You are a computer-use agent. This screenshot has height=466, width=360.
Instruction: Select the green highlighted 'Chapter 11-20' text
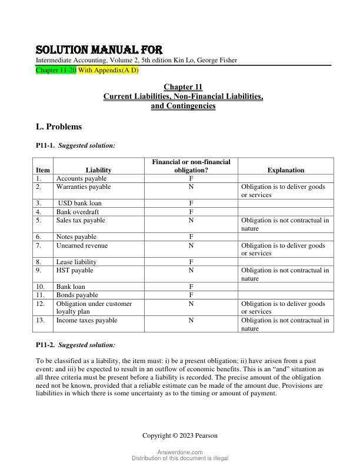point(55,70)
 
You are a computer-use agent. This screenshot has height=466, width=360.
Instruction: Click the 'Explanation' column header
point(286,170)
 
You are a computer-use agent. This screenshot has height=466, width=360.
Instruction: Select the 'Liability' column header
point(98,170)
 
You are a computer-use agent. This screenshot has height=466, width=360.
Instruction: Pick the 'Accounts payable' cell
point(81,178)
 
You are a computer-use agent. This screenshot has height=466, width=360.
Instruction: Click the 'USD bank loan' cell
point(79,204)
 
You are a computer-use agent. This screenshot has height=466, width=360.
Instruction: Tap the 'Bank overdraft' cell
point(78,212)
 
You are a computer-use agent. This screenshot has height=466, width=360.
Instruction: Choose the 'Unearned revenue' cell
point(82,245)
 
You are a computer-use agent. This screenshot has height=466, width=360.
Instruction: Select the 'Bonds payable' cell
point(77,295)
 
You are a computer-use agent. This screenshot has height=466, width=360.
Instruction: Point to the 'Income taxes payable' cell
point(86,321)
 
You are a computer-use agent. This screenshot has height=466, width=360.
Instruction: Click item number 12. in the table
point(40,304)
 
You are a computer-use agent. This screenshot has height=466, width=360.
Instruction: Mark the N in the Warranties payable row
point(191,187)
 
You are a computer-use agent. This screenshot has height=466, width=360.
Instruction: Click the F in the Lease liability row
point(191,262)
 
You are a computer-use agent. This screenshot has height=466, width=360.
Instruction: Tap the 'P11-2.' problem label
point(46,345)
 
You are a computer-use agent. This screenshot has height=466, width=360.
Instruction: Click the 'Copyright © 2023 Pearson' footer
point(180,435)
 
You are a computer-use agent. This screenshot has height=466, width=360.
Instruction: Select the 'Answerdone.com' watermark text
point(180,452)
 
